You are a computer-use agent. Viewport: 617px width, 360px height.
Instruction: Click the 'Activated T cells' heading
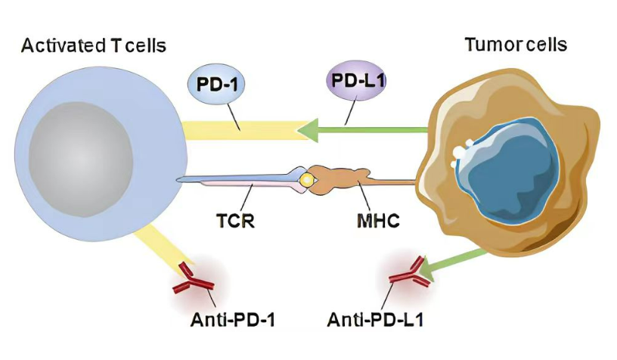94,46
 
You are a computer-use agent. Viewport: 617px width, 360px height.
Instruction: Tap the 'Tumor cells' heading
516,45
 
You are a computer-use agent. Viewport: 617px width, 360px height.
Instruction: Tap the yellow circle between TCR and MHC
306,180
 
